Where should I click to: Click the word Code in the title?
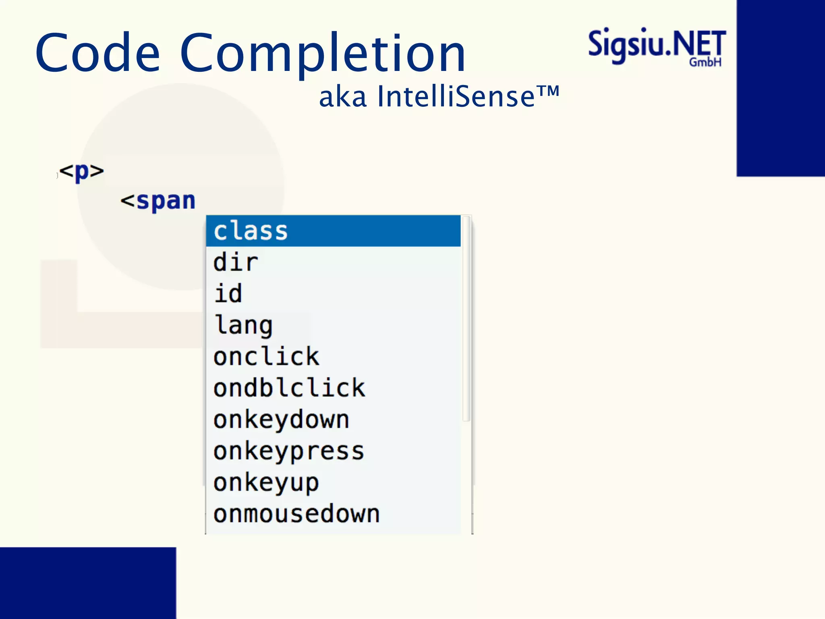coord(97,53)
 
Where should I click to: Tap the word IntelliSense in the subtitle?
coord(455,97)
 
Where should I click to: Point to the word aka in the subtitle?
coord(342,98)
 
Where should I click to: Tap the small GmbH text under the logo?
coord(705,62)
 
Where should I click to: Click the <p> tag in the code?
coord(82,171)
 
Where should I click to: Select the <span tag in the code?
coord(158,201)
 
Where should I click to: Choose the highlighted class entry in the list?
coord(251,231)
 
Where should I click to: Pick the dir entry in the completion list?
coord(236,262)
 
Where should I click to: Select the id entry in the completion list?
coord(228,293)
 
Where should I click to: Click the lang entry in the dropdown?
coord(244,325)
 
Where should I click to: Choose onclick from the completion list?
coord(266,357)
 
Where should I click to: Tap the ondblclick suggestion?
coord(289,388)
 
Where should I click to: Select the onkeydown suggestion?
coord(281,420)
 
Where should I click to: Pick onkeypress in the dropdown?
coord(289,451)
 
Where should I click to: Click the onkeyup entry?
coord(266,482)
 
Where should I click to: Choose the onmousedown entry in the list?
coord(296,514)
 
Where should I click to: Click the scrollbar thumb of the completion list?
coord(466,318)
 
